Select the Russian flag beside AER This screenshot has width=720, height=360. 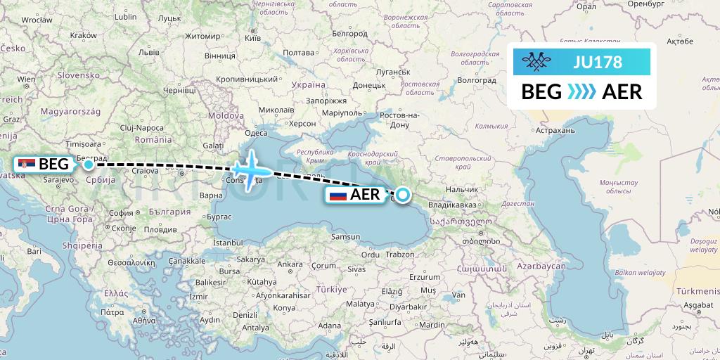pyautogui.click(x=338, y=195)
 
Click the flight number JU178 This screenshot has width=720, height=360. pyautogui.click(x=598, y=63)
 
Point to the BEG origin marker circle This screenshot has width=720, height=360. pyautogui.click(x=88, y=165)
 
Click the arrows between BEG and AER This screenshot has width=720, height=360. pyautogui.click(x=581, y=92)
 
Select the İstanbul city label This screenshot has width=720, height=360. pyautogui.click(x=227, y=243)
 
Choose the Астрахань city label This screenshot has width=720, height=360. pyautogui.click(x=555, y=130)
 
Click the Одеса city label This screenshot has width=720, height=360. pyautogui.click(x=256, y=133)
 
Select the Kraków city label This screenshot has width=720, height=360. pyautogui.click(x=84, y=34)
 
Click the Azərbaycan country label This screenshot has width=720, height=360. pyautogui.click(x=541, y=267)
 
